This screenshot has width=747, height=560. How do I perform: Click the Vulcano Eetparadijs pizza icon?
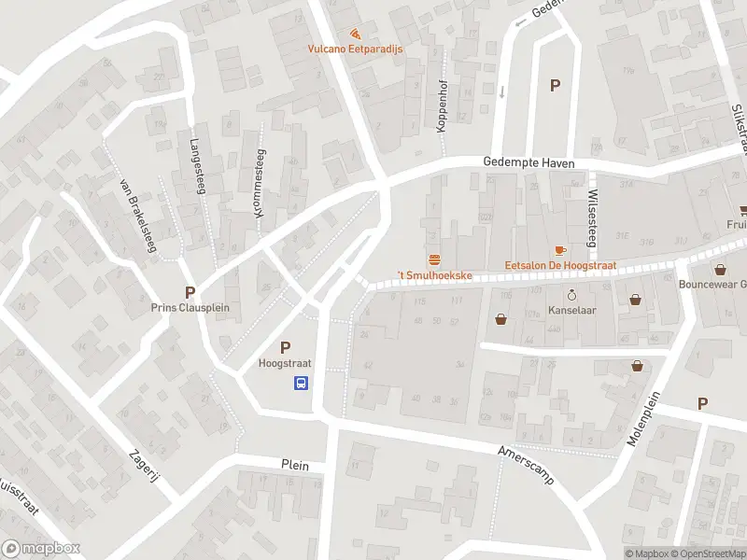pos(355,34)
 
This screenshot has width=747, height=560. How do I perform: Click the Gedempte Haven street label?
pos(529,161)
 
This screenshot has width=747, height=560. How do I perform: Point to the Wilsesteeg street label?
pos(592,218)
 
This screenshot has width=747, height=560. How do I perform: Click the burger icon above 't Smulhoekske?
pos(434,259)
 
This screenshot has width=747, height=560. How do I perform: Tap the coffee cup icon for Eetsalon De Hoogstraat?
pos(560,250)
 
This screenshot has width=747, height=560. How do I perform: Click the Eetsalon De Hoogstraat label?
pos(560,266)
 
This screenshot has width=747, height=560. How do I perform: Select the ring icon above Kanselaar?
pos(572,291)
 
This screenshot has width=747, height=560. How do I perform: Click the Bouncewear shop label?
pos(713,285)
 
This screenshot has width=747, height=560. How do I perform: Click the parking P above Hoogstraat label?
pos(285,347)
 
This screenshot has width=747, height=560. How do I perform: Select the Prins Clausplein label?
pos(190,307)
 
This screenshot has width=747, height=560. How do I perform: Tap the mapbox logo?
pos(41,549)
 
